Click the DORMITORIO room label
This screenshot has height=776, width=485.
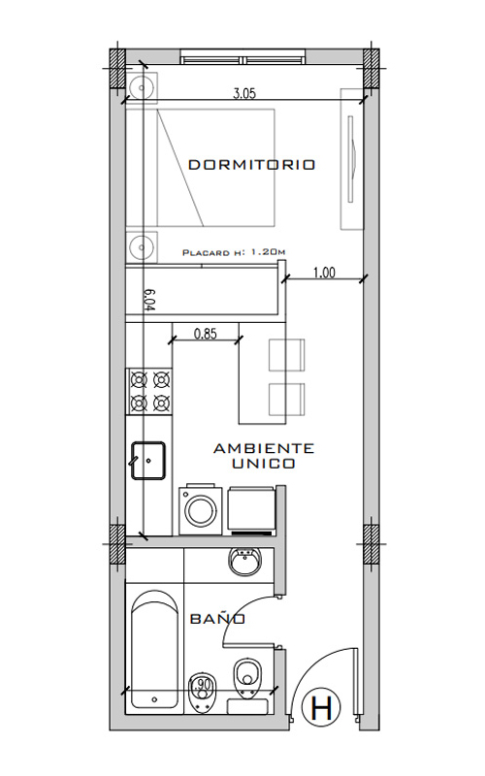click(251, 164)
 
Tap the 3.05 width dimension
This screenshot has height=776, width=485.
click(244, 93)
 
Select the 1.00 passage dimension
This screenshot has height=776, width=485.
click(324, 273)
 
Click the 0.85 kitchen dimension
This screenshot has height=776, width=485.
click(206, 334)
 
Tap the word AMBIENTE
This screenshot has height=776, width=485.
click(264, 448)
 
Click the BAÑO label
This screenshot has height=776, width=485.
click(217, 619)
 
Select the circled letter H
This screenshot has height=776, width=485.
click(324, 708)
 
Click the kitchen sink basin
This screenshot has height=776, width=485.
click(148, 460)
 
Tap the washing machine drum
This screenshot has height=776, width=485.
click(201, 512)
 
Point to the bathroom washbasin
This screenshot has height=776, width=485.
click(245, 562)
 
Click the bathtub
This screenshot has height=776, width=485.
click(155, 651)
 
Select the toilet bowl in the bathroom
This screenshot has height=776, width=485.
click(246, 676)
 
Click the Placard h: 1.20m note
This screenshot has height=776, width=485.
click(234, 252)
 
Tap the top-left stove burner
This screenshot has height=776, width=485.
click(139, 380)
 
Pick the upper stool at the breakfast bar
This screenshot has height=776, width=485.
click(286, 355)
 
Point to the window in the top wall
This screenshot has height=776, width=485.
click(242, 57)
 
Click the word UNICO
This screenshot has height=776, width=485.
click(264, 464)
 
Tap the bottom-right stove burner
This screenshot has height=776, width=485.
click(162, 404)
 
